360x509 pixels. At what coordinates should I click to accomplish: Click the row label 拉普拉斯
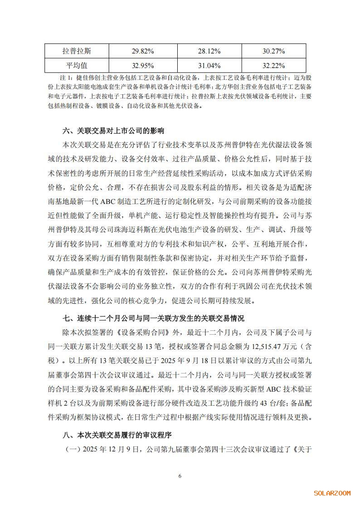[x=79, y=51]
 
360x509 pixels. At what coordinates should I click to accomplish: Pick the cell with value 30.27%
[x=273, y=51]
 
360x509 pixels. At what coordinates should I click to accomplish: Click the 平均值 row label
[x=79, y=65]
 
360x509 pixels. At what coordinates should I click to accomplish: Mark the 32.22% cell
[x=273, y=65]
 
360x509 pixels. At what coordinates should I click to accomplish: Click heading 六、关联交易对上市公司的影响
[x=113, y=131]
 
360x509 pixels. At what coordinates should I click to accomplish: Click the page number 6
[x=180, y=476]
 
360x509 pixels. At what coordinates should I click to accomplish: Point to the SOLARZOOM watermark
[x=332, y=493]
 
